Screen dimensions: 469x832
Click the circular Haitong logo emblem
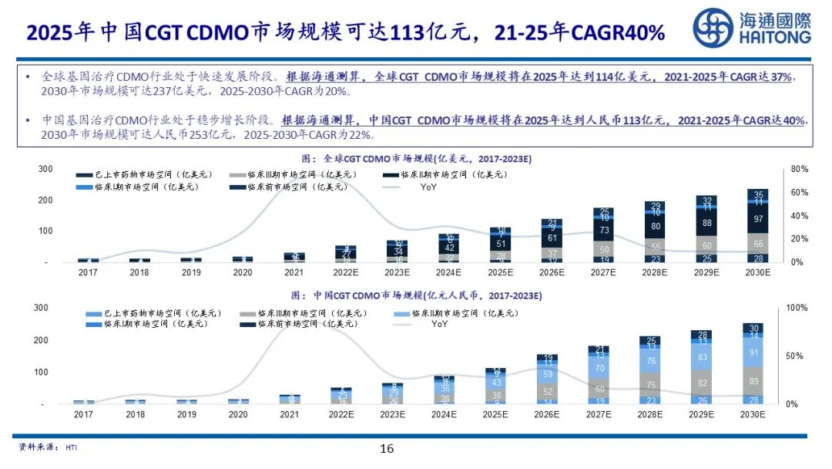(x=713, y=28)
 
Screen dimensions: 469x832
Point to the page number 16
(x=387, y=449)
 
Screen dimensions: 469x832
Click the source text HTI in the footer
(x=72, y=447)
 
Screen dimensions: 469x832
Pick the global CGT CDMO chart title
(x=416, y=158)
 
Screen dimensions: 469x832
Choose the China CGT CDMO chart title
(x=416, y=295)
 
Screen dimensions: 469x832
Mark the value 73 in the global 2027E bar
(x=605, y=230)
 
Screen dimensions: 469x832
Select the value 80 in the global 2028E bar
(x=656, y=226)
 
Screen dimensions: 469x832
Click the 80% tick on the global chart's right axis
(x=799, y=169)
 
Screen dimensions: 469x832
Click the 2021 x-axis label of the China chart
(x=290, y=414)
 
